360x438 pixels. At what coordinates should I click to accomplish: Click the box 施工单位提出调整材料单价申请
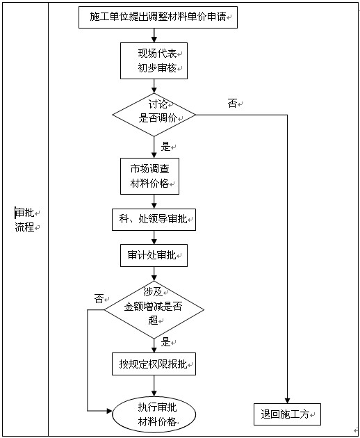[x=158, y=17]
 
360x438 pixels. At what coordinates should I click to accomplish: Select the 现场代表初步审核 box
[x=154, y=61]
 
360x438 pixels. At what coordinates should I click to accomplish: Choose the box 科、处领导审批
[x=154, y=219]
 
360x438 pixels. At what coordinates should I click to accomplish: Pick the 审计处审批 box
[x=154, y=255]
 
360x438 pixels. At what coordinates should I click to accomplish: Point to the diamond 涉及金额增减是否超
[x=154, y=307]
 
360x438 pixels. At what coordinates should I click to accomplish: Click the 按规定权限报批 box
[x=154, y=363]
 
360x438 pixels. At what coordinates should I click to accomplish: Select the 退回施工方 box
[x=286, y=414]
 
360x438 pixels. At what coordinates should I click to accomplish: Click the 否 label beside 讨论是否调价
[x=232, y=104]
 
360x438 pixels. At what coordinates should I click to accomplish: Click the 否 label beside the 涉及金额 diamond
[x=99, y=298]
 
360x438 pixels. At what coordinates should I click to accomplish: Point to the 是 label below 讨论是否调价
[x=165, y=147]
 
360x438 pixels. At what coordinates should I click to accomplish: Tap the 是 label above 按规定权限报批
[x=165, y=341]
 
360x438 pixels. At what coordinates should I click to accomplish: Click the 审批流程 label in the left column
[x=25, y=220]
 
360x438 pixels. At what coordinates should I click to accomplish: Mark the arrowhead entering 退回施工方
[x=286, y=399]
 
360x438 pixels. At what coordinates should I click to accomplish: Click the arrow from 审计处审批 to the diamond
[x=154, y=273]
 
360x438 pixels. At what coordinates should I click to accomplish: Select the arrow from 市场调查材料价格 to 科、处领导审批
[x=154, y=202]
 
